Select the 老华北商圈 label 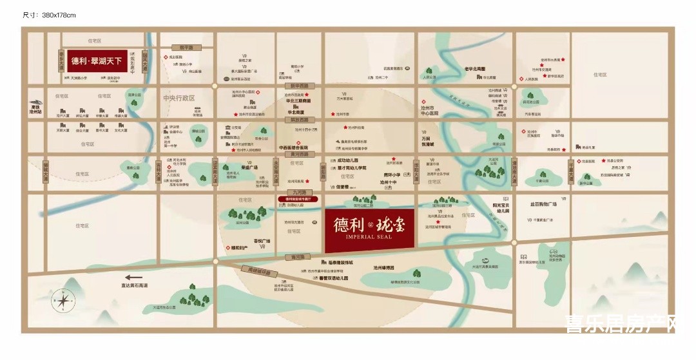click(x=474, y=69)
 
